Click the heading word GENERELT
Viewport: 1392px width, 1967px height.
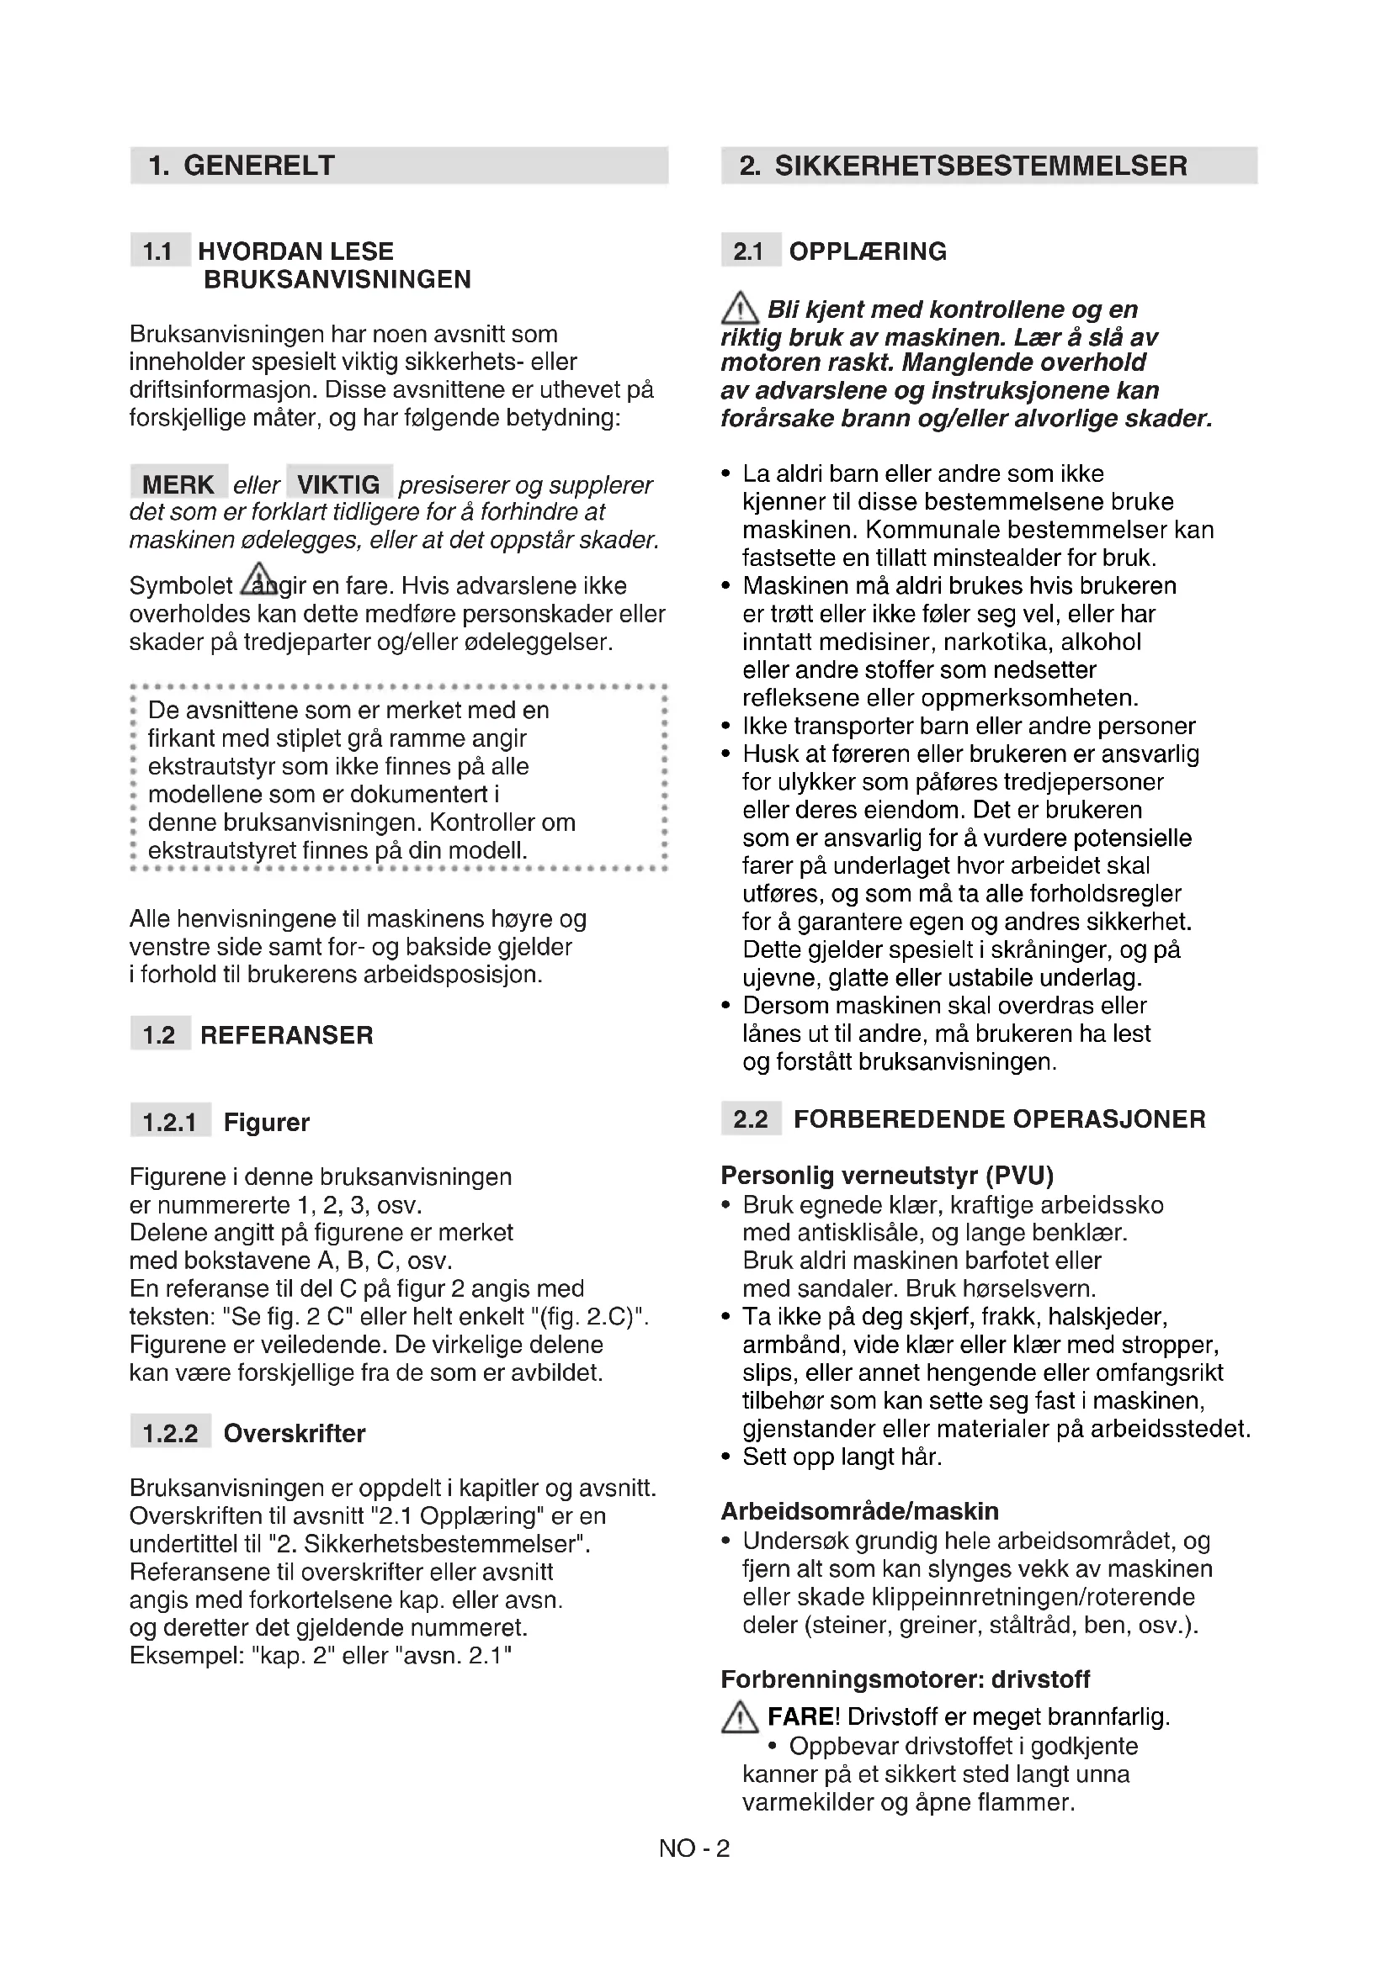[259, 166]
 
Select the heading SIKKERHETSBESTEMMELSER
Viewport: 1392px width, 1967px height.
[980, 166]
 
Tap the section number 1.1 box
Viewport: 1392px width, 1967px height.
[158, 251]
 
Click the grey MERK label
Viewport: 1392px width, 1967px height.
[178, 484]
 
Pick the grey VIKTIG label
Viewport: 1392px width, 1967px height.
[338, 484]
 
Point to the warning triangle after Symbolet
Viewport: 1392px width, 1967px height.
[258, 580]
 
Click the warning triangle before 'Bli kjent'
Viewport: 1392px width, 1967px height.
[740, 309]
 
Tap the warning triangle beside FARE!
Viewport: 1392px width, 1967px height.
[740, 1717]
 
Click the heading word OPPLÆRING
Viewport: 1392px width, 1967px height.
[868, 251]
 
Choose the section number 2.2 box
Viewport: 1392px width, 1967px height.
[751, 1118]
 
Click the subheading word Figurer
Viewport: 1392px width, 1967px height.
[267, 1123]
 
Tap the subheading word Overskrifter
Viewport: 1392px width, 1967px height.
[294, 1433]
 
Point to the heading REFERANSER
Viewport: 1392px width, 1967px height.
[286, 1035]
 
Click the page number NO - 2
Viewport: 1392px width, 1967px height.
[694, 1848]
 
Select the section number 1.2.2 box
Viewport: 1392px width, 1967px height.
[171, 1433]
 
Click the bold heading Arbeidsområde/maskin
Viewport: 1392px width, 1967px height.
[860, 1510]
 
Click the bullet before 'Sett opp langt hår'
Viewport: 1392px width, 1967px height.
[727, 1457]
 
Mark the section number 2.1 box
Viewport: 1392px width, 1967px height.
[749, 251]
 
